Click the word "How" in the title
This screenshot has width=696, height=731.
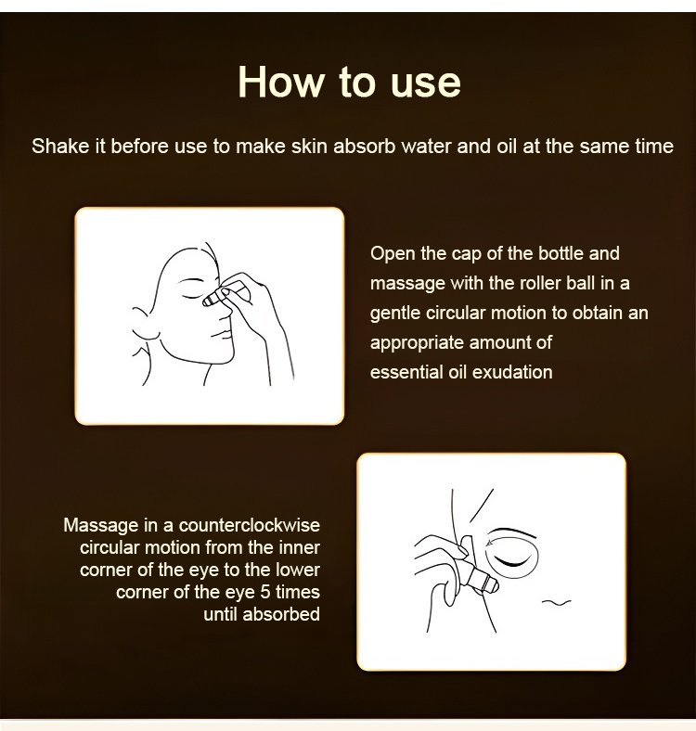pos(280,82)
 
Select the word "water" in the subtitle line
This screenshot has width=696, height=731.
pos(426,147)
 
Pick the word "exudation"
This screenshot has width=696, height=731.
pos(512,373)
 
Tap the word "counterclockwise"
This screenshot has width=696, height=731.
pos(250,525)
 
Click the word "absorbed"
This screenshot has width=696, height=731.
pos(281,614)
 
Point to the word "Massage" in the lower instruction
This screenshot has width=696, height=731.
pos(101,526)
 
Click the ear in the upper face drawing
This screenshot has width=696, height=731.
pos(142,324)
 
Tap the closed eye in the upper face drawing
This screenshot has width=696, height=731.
pos(191,296)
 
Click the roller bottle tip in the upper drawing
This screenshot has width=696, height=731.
pos(208,301)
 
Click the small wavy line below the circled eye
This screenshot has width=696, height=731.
pos(556,602)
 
